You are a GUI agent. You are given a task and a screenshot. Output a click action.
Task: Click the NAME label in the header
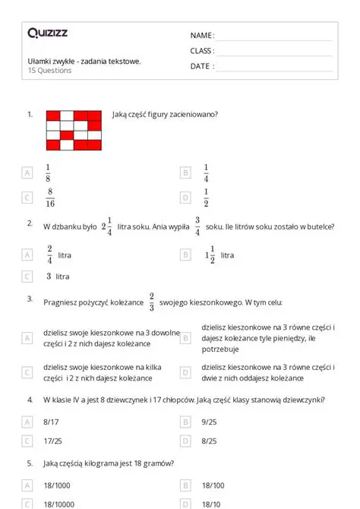click(x=202, y=36)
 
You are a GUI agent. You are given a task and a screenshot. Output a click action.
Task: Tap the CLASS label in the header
click(x=202, y=51)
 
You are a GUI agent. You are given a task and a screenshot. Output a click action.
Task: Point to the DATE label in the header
click(x=201, y=66)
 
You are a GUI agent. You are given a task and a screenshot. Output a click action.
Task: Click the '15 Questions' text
click(x=49, y=71)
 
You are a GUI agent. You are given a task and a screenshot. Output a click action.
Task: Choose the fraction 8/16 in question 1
click(x=49, y=198)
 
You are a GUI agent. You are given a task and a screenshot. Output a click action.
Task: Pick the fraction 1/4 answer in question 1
click(x=206, y=172)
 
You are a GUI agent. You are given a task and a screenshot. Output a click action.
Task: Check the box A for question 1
click(x=27, y=173)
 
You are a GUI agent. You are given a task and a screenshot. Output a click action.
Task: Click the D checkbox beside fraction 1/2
click(x=185, y=198)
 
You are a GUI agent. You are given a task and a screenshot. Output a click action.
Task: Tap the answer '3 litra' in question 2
click(x=58, y=277)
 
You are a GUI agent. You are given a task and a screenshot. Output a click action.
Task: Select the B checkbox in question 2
click(x=185, y=254)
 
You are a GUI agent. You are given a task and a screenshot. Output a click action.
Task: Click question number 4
click(x=30, y=400)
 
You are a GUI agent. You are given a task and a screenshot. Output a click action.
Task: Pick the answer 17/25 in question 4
click(x=53, y=440)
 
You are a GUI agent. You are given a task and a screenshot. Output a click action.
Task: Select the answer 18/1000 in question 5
click(x=58, y=484)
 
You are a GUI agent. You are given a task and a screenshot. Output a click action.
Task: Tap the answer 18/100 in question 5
click(x=213, y=484)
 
